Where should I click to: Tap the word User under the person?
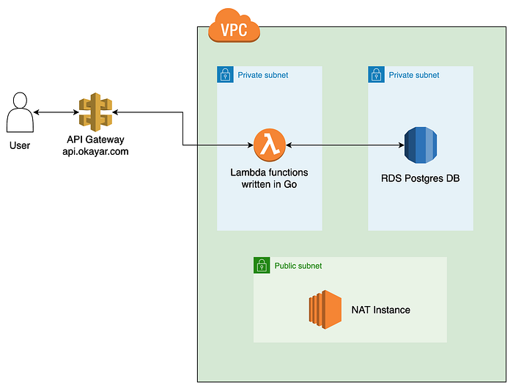click(x=20, y=145)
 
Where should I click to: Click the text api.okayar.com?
click(x=95, y=152)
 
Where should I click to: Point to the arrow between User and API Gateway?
click(x=57, y=112)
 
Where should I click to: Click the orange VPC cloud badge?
click(x=234, y=29)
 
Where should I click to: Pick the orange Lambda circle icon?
click(x=270, y=145)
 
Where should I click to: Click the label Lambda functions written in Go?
click(x=270, y=178)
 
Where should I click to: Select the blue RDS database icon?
click(x=420, y=145)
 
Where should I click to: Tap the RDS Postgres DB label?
click(x=420, y=178)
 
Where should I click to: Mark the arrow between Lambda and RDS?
click(x=344, y=145)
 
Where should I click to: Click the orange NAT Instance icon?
click(x=325, y=310)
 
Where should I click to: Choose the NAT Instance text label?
click(x=380, y=310)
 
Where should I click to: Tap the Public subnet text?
click(x=298, y=266)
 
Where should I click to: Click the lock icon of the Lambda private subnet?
click(x=225, y=75)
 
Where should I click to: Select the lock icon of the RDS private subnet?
click(x=376, y=75)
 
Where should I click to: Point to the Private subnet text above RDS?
click(x=414, y=75)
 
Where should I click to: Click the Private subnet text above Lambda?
click(x=263, y=75)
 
